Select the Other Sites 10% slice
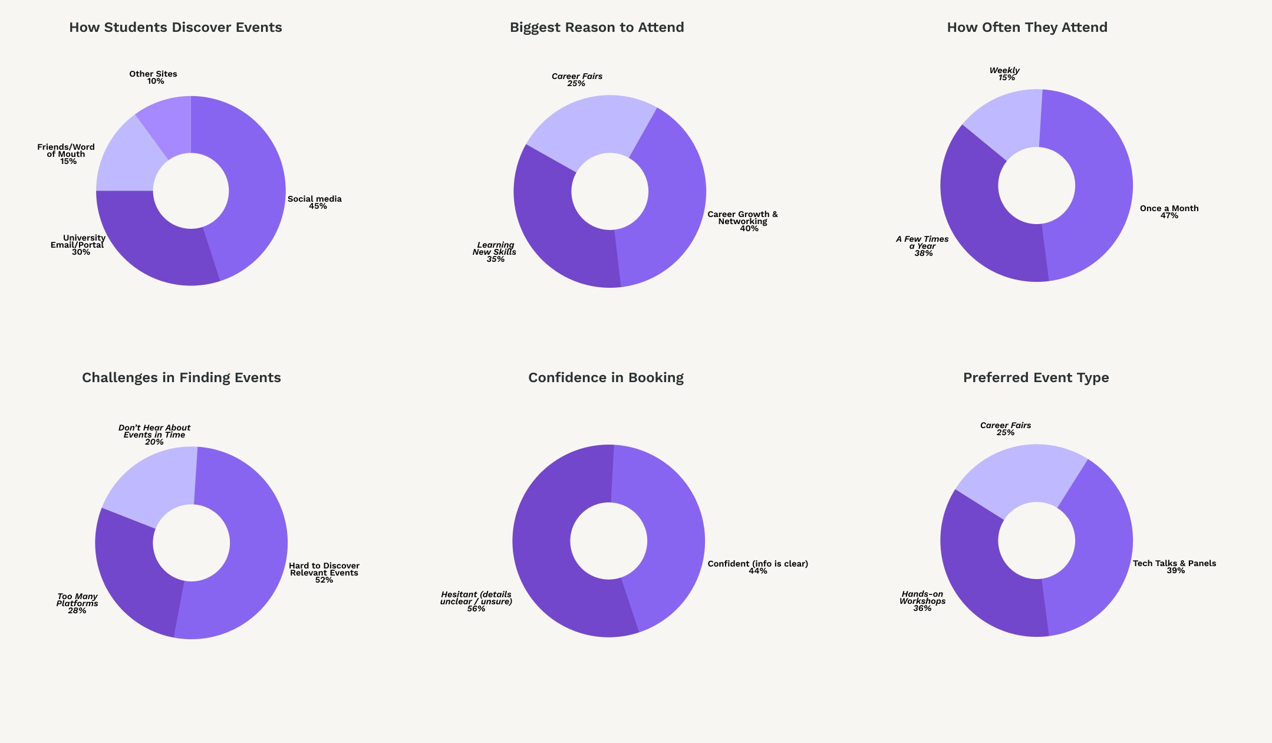(x=168, y=121)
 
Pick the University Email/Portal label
(x=78, y=245)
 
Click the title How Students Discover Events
(x=176, y=28)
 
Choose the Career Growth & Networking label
(x=743, y=221)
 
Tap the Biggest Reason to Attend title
(x=597, y=28)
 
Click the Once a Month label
(x=1169, y=212)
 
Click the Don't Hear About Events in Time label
(x=154, y=435)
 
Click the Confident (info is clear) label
(x=757, y=567)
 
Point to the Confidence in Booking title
(x=605, y=378)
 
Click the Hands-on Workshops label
(x=922, y=601)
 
